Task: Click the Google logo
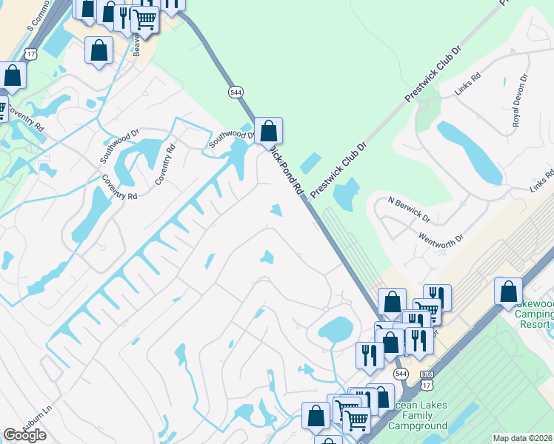(x=24, y=435)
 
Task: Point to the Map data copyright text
(x=523, y=438)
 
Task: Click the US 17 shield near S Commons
(x=30, y=53)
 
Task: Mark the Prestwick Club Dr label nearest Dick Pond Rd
(x=338, y=171)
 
